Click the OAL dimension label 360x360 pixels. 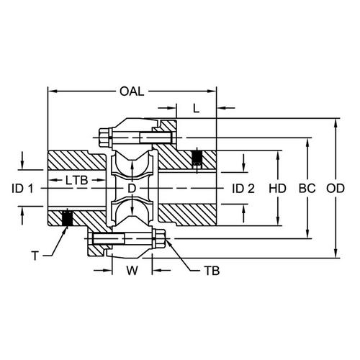click(x=132, y=91)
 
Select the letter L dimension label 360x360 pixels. click(x=197, y=109)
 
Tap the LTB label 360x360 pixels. click(x=77, y=180)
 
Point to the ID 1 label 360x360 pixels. click(x=23, y=189)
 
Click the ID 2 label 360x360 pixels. click(x=243, y=189)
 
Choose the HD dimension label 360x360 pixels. click(x=277, y=189)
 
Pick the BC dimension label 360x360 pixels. click(x=307, y=189)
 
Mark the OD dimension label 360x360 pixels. click(x=336, y=189)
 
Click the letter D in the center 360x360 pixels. click(x=132, y=189)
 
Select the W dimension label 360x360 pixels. click(x=132, y=271)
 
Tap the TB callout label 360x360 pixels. click(x=212, y=271)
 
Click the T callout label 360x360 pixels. click(x=35, y=256)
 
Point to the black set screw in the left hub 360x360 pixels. click(x=68, y=218)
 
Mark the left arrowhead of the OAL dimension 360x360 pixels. click(x=53, y=91)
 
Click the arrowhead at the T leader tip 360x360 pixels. click(x=65, y=230)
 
